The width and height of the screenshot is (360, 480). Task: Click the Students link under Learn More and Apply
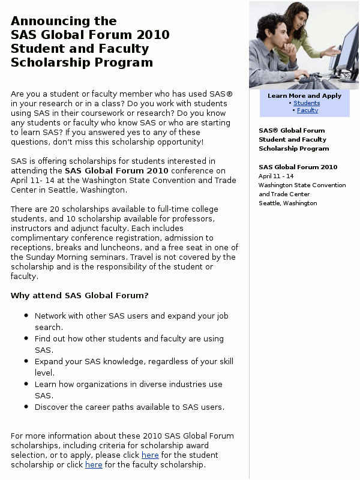coord(307,103)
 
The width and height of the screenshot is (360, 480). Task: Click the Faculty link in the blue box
coord(307,110)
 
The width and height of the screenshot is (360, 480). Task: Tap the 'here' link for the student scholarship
coord(150,455)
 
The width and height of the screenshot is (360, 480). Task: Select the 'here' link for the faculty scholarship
coord(94,465)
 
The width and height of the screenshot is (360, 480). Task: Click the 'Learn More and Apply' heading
coord(304,95)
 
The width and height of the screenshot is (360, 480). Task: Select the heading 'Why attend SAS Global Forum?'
coord(79,295)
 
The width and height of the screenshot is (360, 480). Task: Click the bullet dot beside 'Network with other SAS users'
coord(26,316)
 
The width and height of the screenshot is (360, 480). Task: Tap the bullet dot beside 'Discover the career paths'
coord(26,407)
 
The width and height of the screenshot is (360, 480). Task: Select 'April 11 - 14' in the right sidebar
coord(276,176)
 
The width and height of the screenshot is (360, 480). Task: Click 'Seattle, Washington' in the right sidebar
coord(287,203)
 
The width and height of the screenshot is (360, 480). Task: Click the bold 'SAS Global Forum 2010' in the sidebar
coord(298,167)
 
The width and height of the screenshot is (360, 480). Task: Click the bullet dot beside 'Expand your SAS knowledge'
coord(26,361)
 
